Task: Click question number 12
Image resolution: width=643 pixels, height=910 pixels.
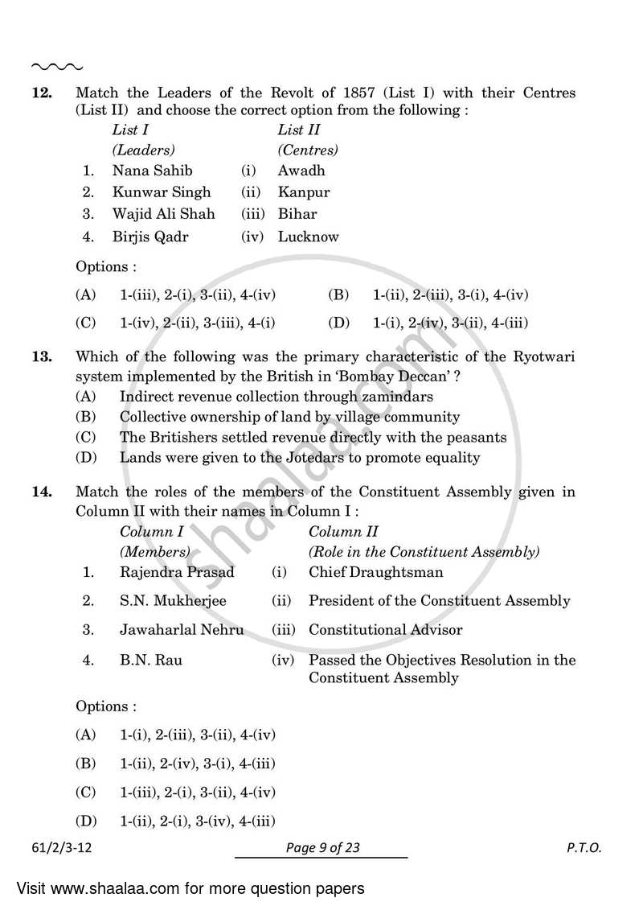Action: tap(41, 93)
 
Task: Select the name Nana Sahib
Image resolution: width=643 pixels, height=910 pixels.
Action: tap(153, 171)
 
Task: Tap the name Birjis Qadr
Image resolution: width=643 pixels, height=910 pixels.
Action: tap(152, 237)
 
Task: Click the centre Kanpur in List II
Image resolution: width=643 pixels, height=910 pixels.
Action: tap(304, 192)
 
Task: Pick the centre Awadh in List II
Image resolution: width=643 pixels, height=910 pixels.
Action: tap(301, 171)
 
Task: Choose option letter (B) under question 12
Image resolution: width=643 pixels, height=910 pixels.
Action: tap(338, 295)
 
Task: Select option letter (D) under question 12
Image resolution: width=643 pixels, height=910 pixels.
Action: tap(338, 323)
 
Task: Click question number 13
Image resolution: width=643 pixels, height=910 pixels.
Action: tap(41, 356)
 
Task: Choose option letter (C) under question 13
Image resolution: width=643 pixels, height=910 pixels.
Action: tap(85, 438)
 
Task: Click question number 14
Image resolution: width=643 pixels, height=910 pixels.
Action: tap(41, 491)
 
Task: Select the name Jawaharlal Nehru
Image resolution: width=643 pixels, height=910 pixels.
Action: tap(182, 630)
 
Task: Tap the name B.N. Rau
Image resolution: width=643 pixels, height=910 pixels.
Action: tap(151, 661)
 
